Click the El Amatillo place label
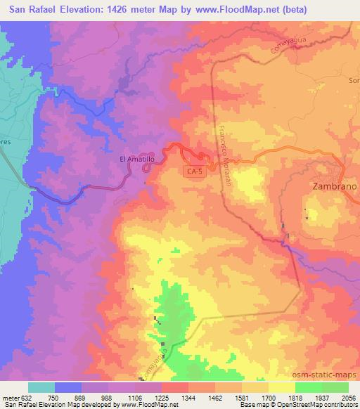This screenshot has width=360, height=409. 137,160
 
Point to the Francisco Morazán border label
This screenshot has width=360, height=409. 224,150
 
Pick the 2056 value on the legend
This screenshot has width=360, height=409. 349,397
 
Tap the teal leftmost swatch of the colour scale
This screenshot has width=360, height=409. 41,387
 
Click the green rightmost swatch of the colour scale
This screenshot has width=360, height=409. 335,387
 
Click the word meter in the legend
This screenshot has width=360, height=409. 8,397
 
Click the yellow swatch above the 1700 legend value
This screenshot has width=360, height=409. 255,387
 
